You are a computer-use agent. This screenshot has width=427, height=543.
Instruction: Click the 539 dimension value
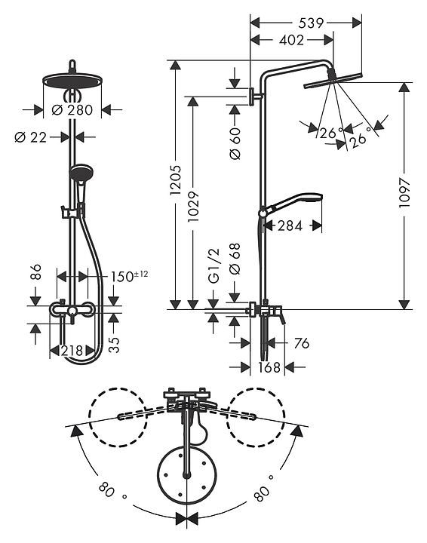click(x=311, y=23)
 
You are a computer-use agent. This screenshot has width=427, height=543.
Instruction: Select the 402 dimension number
click(x=292, y=40)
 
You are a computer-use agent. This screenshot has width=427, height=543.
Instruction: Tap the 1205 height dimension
click(x=176, y=180)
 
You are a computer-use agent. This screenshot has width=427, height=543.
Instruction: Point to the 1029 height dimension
click(x=193, y=207)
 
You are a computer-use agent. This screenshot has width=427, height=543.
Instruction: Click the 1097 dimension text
click(x=404, y=193)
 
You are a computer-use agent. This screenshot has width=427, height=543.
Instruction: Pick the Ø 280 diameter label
click(x=72, y=110)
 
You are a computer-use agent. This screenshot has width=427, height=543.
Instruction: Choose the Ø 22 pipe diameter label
click(x=30, y=137)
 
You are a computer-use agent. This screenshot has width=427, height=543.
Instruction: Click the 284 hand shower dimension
click(x=290, y=225)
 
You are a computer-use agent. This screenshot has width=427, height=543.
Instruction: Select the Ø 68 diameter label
click(x=235, y=259)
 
